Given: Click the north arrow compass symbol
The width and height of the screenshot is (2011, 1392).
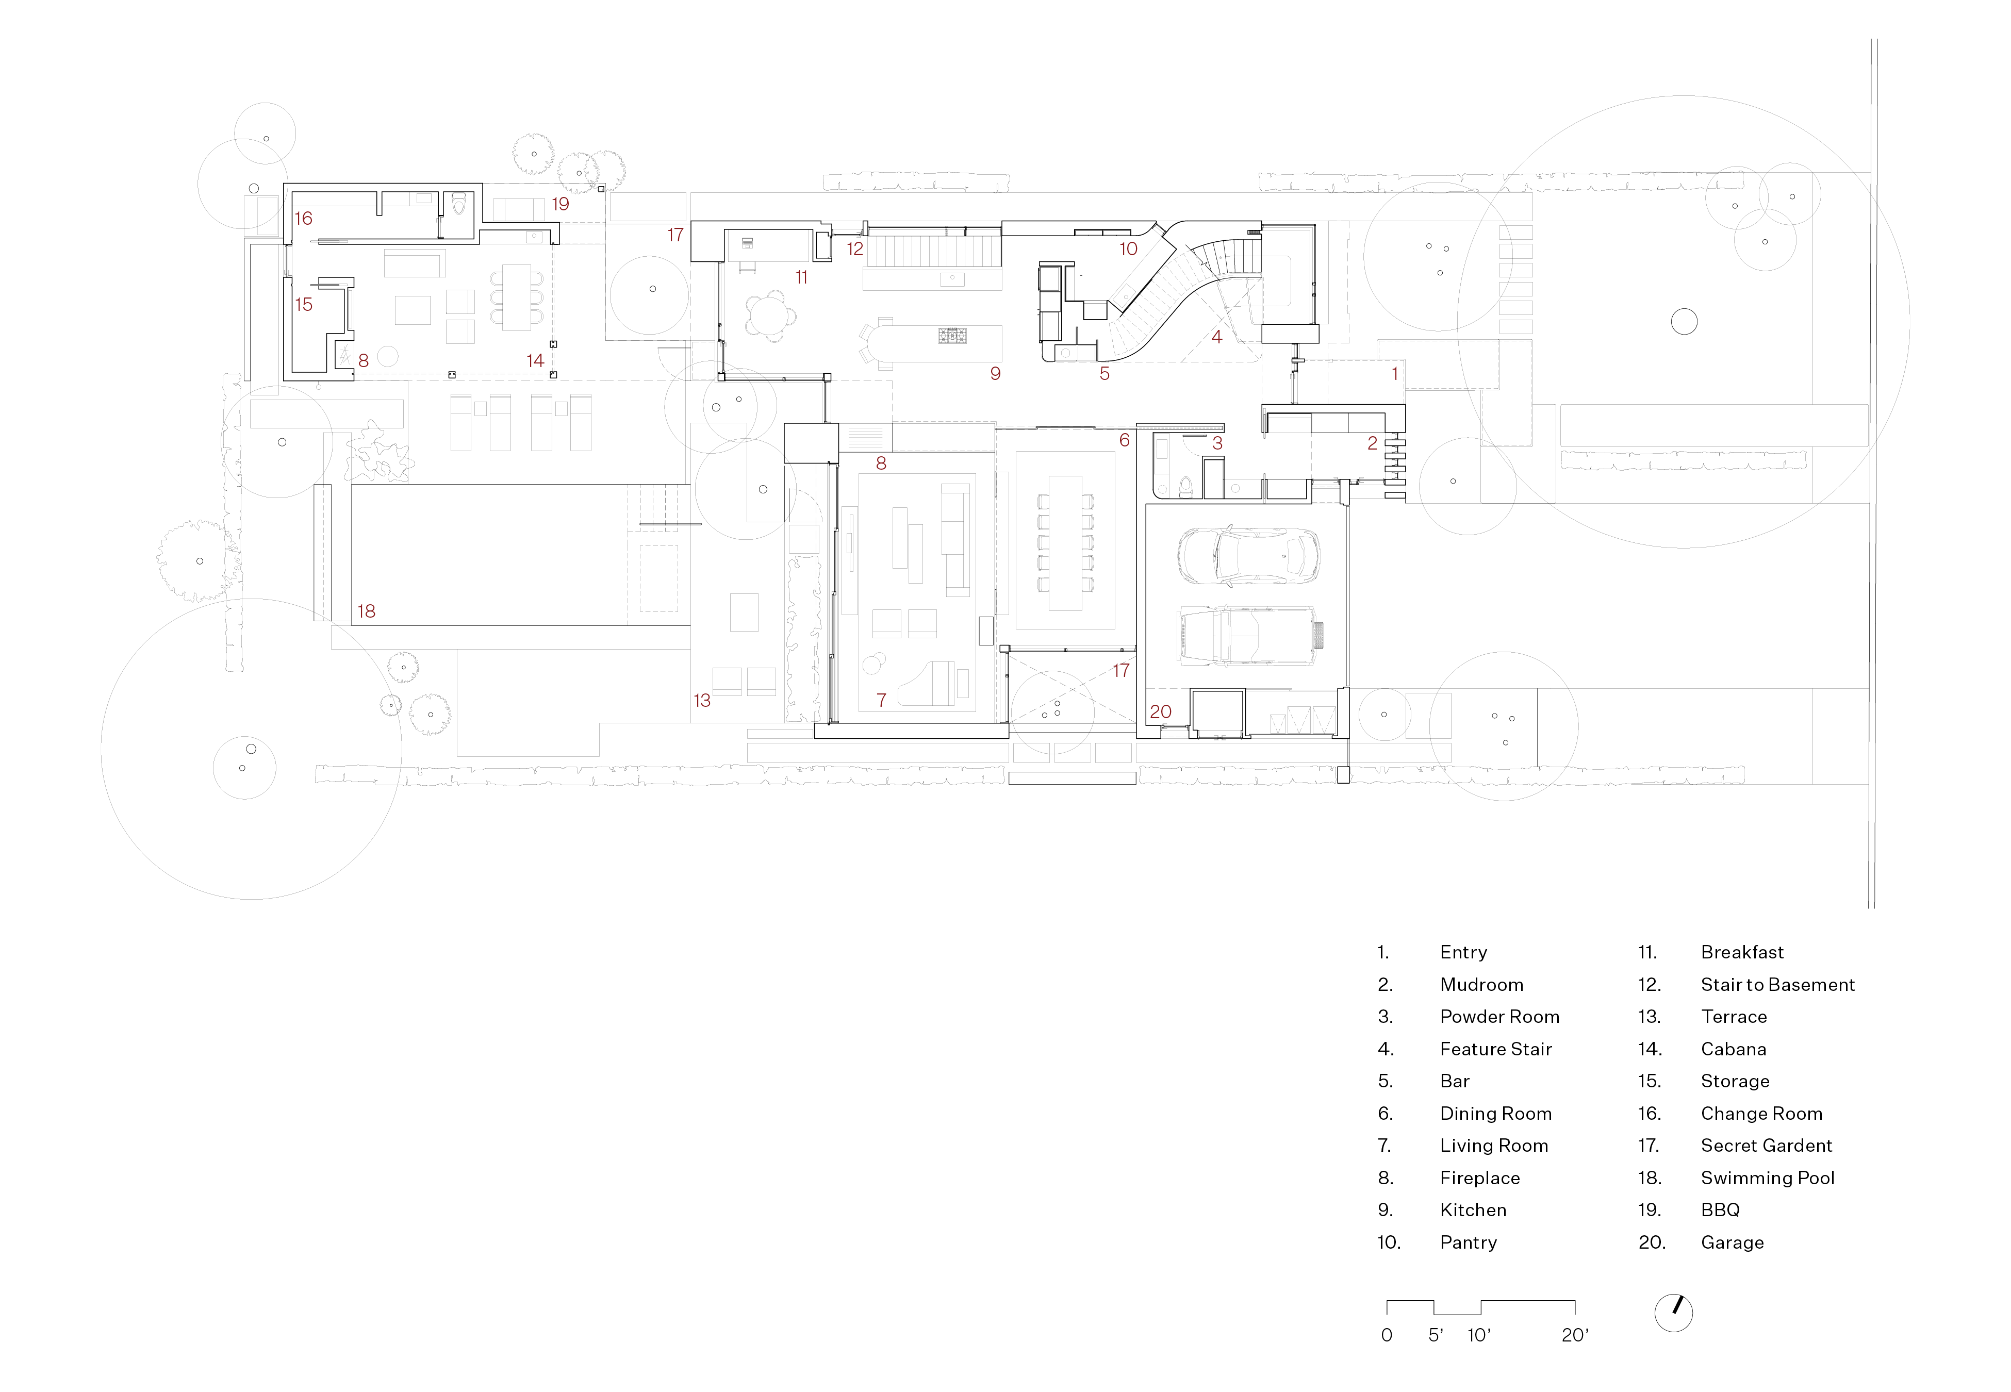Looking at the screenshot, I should [x=1673, y=1313].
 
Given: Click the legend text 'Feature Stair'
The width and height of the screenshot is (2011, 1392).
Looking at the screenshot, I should [x=1495, y=1049].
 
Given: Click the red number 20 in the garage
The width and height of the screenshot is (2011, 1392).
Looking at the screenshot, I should [x=1160, y=711].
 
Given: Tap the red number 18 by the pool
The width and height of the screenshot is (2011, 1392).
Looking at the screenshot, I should [x=366, y=611].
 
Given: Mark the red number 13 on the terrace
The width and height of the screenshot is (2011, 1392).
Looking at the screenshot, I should [x=702, y=700].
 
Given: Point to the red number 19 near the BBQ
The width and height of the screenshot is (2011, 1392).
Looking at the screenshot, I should [x=560, y=204].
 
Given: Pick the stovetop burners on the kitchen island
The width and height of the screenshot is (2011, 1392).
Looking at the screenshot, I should [x=952, y=336].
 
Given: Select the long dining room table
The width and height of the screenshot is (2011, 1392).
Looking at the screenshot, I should [x=1065, y=542].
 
